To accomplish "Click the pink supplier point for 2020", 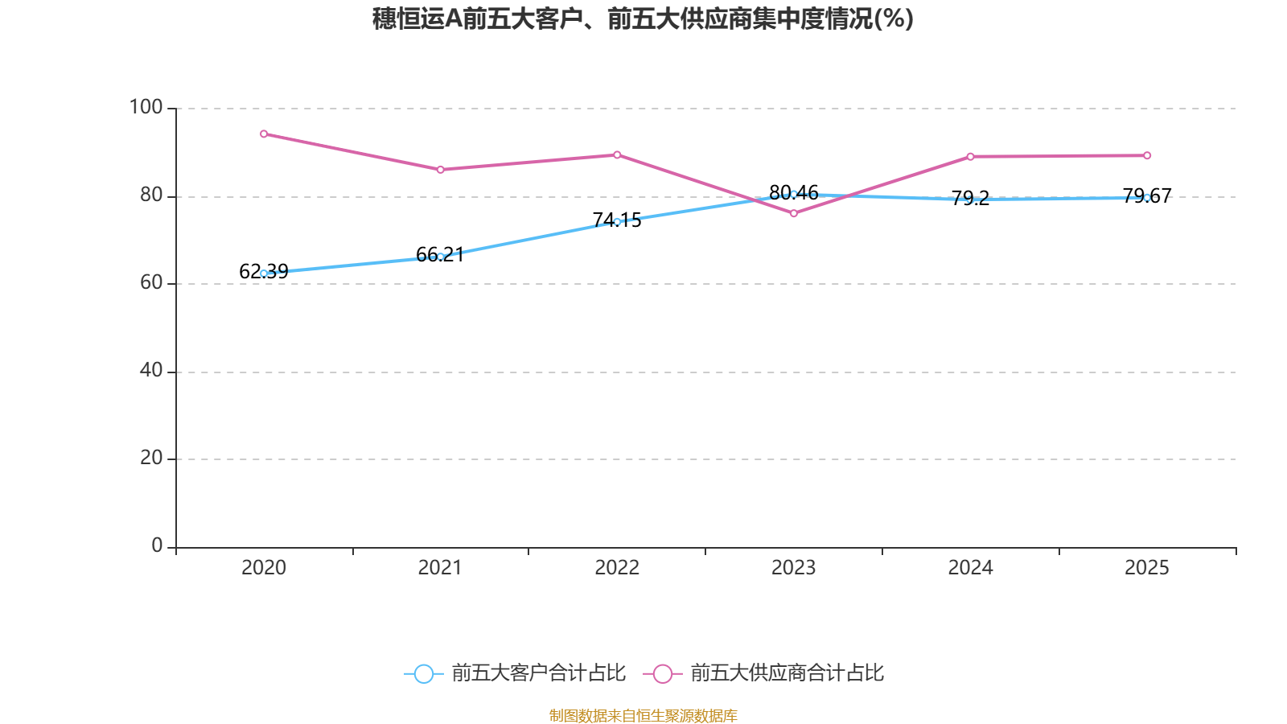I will click(264, 134).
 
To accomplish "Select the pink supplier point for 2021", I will click(441, 170).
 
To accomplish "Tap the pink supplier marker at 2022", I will click(617, 154).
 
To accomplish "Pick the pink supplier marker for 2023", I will click(794, 213).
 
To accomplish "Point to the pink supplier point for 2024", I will click(970, 156).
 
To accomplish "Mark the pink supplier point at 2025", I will click(1147, 155).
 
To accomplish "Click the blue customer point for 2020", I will click(264, 274).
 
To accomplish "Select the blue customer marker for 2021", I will click(441, 257).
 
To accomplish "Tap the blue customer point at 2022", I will click(617, 221).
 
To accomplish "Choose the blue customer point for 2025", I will click(1147, 197).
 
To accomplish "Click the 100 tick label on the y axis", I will click(146, 107).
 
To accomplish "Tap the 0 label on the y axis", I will click(157, 545).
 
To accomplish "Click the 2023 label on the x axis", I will click(793, 568).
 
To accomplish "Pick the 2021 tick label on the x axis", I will click(440, 568).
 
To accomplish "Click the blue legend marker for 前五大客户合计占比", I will click(423, 673).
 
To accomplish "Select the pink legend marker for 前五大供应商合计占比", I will click(662, 673).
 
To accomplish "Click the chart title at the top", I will click(643, 19).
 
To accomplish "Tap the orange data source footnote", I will click(643, 715).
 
